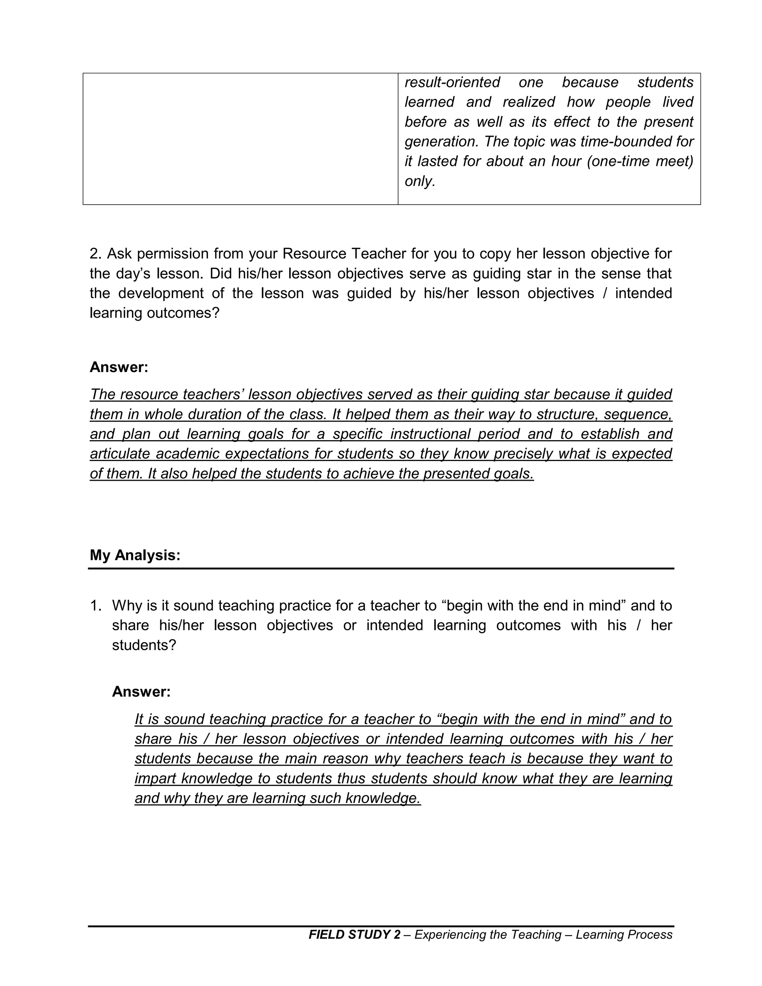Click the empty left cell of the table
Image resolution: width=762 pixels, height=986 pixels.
240,139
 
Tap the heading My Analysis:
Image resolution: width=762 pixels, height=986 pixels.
135,555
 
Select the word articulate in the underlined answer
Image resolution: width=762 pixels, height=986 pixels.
120,454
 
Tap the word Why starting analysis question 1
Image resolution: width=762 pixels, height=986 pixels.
127,606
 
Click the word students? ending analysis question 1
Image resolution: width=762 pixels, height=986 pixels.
144,645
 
